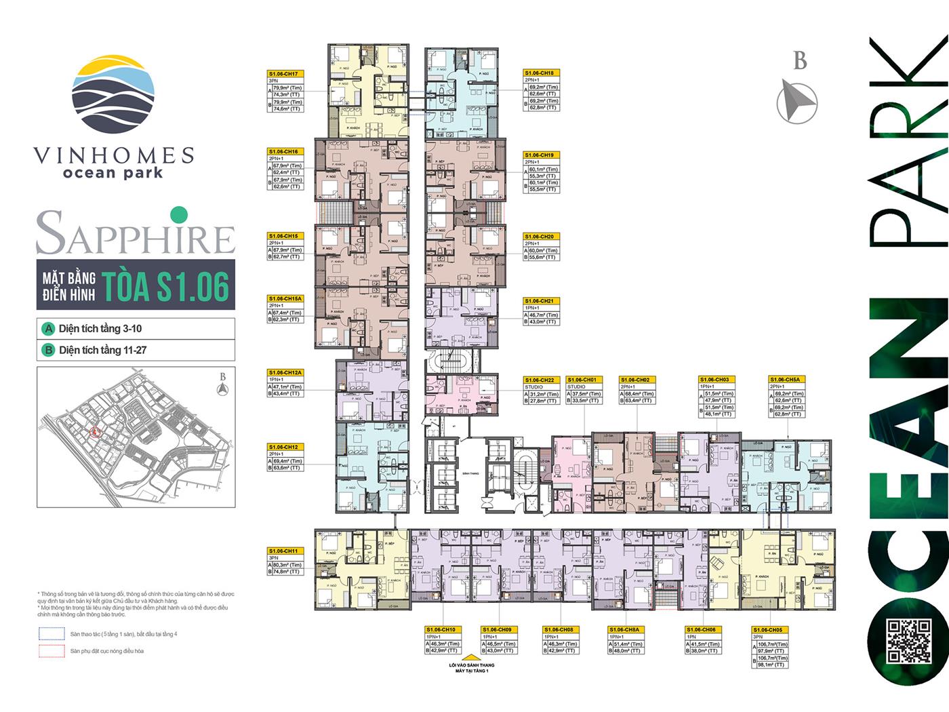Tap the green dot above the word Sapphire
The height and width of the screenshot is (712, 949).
click(x=178, y=215)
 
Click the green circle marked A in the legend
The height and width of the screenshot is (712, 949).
click(x=48, y=329)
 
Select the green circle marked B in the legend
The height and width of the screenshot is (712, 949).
click(x=48, y=351)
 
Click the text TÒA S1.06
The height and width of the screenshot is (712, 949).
click(x=165, y=285)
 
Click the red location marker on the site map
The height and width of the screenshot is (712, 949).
click(x=94, y=430)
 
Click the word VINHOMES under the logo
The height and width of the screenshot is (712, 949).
click(x=113, y=156)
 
